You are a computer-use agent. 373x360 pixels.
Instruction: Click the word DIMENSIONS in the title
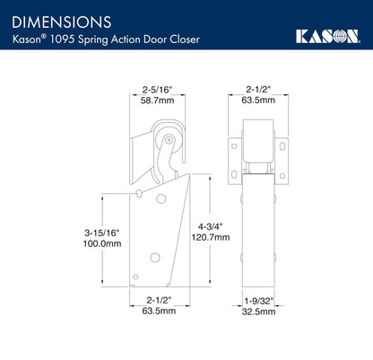coord(62,19)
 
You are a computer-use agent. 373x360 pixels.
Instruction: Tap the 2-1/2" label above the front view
coord(259,89)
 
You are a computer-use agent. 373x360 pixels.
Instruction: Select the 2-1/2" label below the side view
coord(156,303)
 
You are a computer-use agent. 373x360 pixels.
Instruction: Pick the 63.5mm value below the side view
coord(156,315)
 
